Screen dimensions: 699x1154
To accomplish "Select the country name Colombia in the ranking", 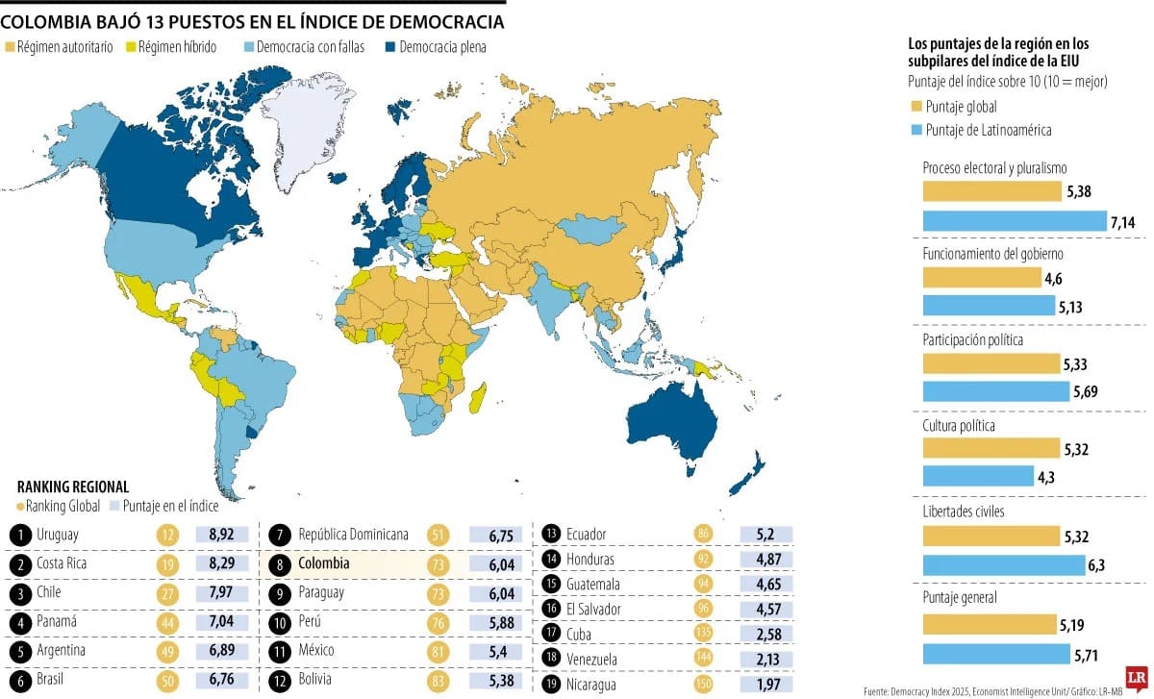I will [x=323, y=563].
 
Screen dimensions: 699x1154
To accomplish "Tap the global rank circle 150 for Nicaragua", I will [x=704, y=684].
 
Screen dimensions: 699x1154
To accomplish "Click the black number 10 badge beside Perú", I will [x=280, y=621].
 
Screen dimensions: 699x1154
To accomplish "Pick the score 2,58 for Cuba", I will [x=765, y=635].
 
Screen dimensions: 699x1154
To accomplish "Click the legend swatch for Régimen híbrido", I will [x=131, y=46].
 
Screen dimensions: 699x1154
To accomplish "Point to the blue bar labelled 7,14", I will [x=1015, y=222].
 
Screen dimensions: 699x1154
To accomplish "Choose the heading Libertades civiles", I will [x=963, y=512].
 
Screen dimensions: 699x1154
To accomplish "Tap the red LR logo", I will [x=1135, y=677].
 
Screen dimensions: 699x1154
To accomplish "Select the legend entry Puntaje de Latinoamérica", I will [x=988, y=130].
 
